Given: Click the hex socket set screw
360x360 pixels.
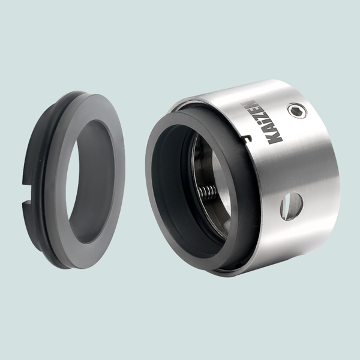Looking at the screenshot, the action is point(298,110).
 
